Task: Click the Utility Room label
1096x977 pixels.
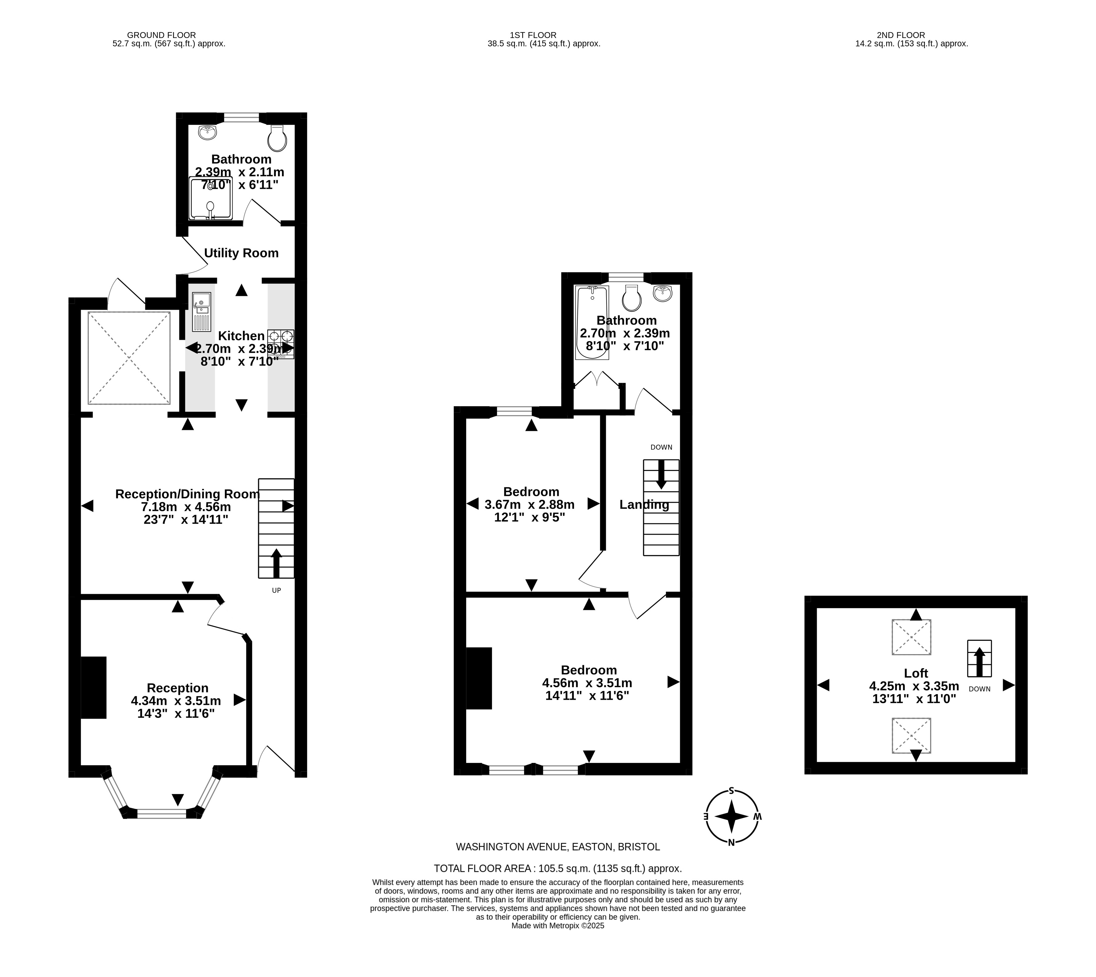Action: [241, 253]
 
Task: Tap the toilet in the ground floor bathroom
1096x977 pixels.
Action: [277, 138]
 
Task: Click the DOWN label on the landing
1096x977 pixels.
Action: [661, 447]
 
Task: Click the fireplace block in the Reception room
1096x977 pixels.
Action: [93, 688]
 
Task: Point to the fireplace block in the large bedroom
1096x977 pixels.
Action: [479, 678]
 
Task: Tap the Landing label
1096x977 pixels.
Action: [644, 505]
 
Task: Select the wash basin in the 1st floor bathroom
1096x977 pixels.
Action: [663, 293]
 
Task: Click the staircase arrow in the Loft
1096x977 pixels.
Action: [979, 662]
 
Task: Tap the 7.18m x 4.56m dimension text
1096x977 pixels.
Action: [186, 507]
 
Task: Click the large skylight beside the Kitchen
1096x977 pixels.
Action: [129, 358]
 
